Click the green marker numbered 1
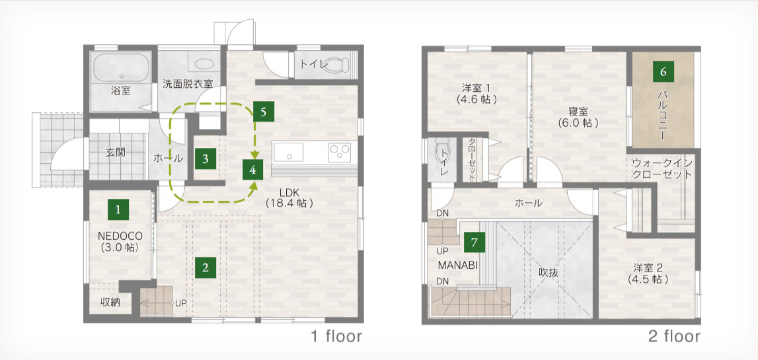click(x=118, y=210)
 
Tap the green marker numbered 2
click(x=206, y=268)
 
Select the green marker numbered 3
click(x=206, y=159)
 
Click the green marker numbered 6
click(x=663, y=71)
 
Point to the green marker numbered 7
click(x=474, y=242)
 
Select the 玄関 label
click(x=116, y=153)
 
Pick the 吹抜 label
click(x=549, y=273)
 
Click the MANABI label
click(x=458, y=265)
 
